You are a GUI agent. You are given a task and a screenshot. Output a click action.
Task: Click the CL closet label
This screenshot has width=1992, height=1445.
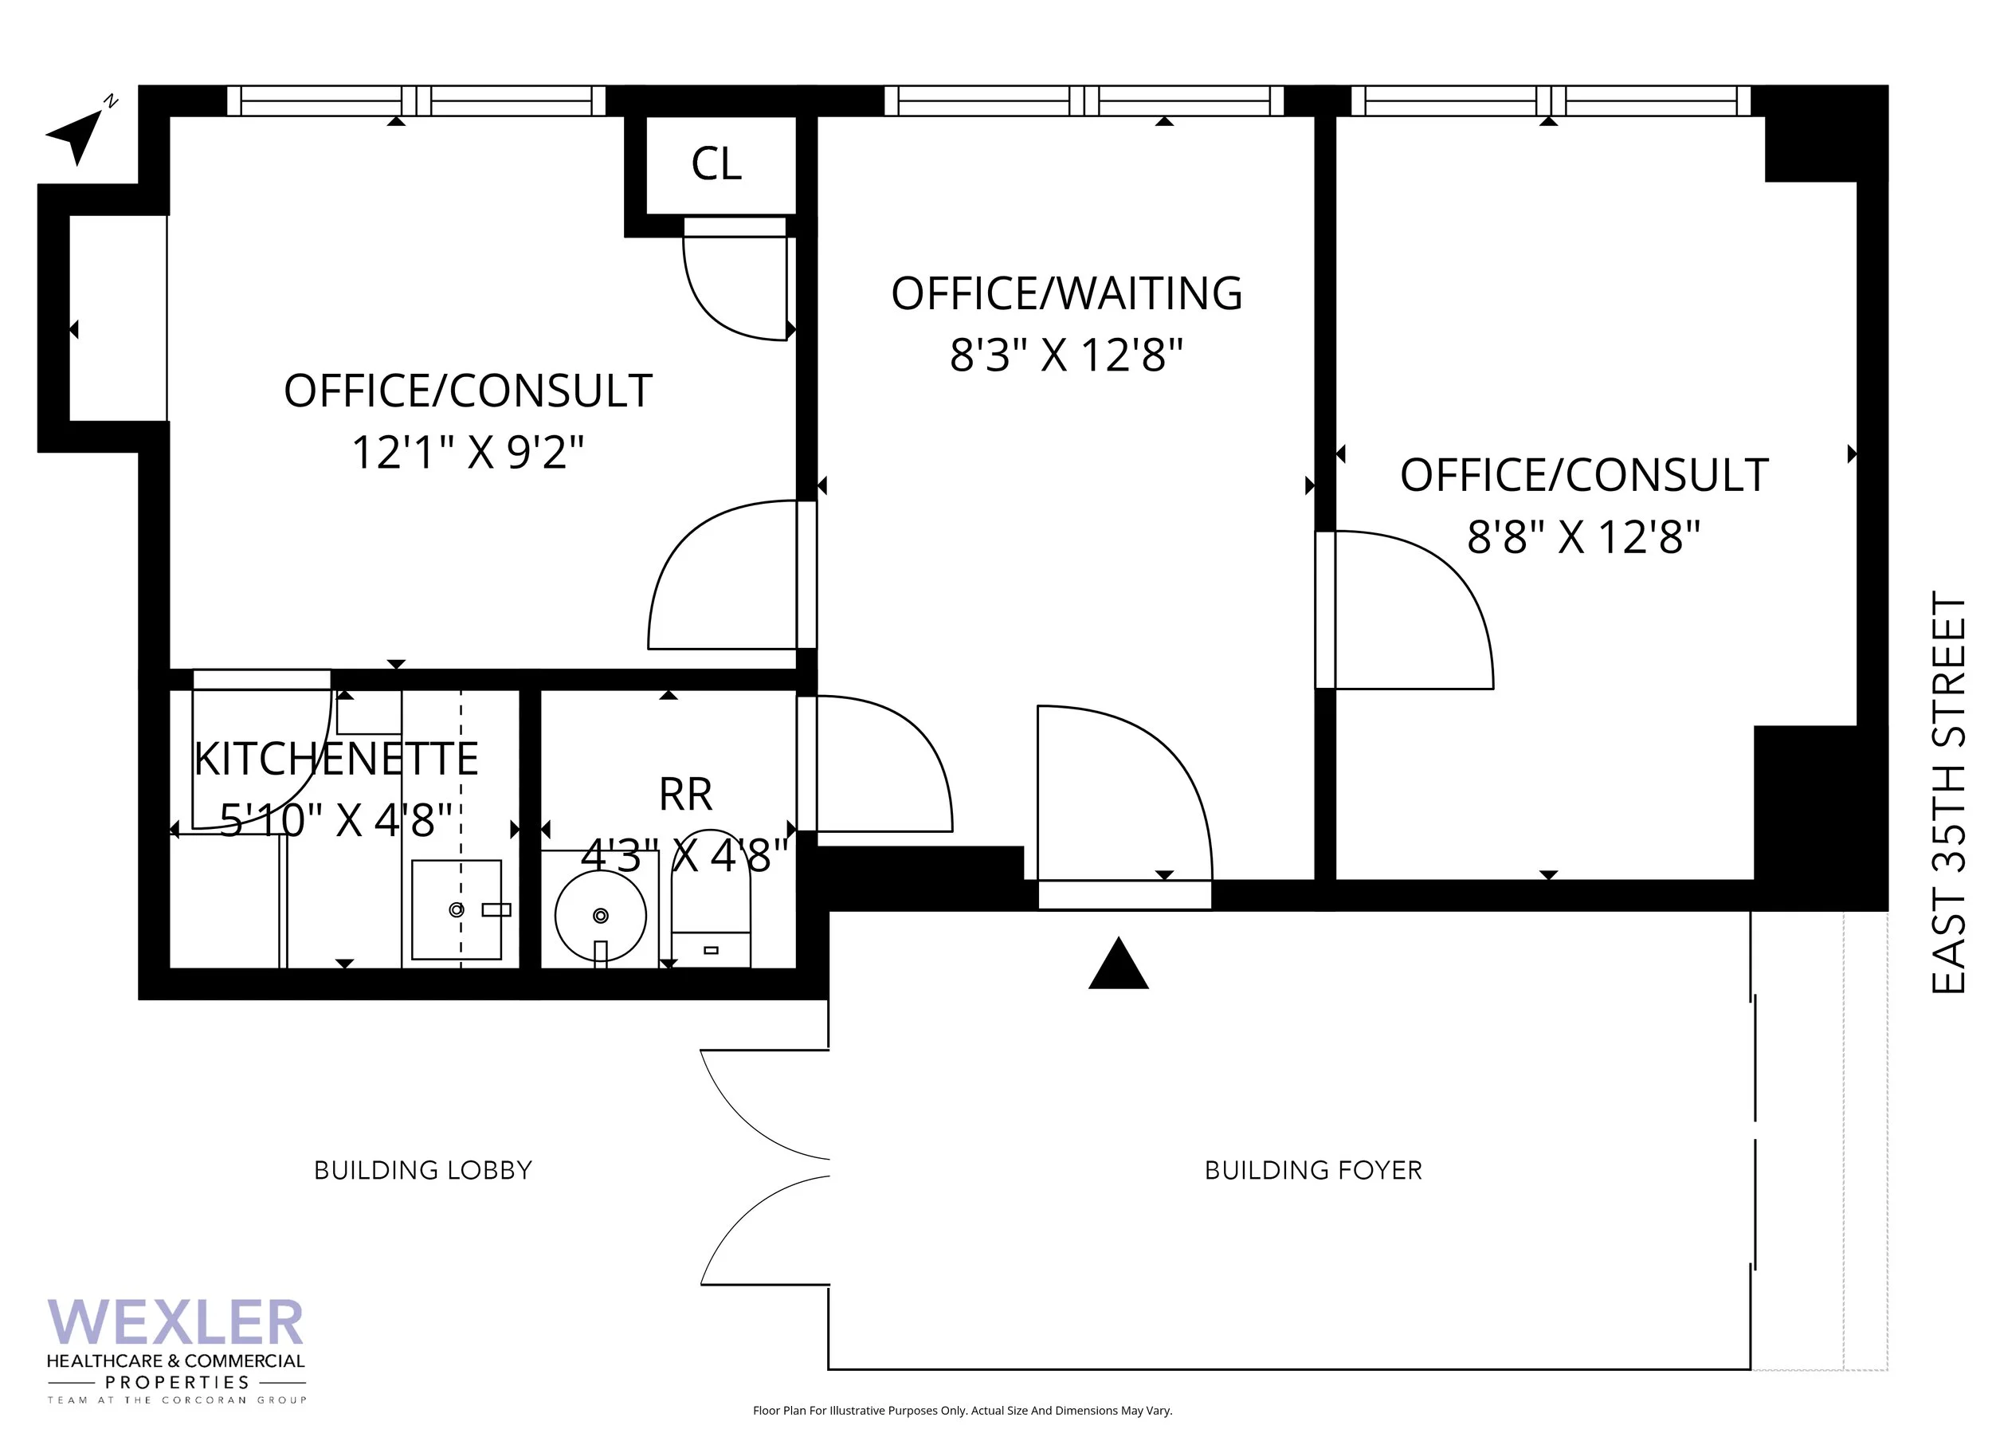pos(716,164)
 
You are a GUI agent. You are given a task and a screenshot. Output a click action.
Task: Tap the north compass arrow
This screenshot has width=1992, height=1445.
pos(77,134)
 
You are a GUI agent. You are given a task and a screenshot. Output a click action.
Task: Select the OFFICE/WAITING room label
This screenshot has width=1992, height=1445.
pos(1066,293)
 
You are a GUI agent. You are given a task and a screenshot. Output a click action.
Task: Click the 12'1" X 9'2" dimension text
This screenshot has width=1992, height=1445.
pos(467,454)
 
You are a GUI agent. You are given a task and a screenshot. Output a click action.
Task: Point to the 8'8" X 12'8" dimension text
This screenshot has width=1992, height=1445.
pos(1583,536)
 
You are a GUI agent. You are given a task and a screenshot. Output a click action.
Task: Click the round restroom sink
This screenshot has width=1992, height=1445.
pos(601,917)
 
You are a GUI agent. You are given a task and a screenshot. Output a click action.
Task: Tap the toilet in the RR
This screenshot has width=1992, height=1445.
pos(711,897)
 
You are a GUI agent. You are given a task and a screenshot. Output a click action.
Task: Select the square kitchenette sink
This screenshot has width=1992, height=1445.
pos(457,909)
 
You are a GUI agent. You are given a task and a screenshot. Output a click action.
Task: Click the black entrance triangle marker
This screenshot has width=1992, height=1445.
pos(1118,964)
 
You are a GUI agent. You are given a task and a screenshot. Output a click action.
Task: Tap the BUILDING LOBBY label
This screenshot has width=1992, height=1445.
pos(423,1170)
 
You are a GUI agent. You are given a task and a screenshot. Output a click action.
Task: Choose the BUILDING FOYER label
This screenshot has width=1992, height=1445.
pos(1313,1170)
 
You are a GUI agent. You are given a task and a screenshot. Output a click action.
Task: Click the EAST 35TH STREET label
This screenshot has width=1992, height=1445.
pos(1947,792)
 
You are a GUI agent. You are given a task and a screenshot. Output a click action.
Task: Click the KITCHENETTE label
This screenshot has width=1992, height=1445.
pos(336,760)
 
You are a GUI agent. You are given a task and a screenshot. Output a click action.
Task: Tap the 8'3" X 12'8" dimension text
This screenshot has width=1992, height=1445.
pos(1066,355)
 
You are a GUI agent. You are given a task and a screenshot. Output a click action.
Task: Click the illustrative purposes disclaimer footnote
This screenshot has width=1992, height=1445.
pos(962,1411)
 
